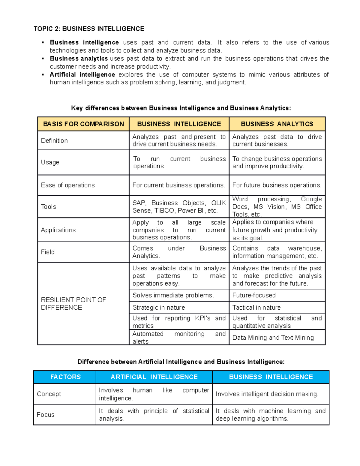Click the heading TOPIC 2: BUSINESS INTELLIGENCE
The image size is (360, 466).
pyautogui.click(x=89, y=29)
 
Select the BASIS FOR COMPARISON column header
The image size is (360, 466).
pyautogui.click(x=83, y=124)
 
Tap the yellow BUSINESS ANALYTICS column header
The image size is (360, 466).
pyautogui.click(x=277, y=124)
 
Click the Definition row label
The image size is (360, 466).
pyautogui.click(x=54, y=140)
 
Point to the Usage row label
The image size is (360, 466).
pyautogui.click(x=50, y=162)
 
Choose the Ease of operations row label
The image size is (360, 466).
pyautogui.click(x=68, y=185)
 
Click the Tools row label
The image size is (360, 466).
pyautogui.click(x=49, y=206)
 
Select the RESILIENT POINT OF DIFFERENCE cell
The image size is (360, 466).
pyautogui.click(x=73, y=303)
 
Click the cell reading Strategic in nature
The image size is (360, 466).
pyautogui.click(x=159, y=307)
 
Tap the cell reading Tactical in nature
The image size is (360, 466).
pyautogui.click(x=256, y=307)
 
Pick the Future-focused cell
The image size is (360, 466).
pyautogui.click(x=254, y=295)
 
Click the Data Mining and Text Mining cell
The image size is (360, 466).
pyautogui.click(x=273, y=338)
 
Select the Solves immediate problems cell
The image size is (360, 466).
pyautogui.click(x=173, y=295)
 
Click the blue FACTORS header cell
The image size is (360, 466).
pyautogui.click(x=65, y=377)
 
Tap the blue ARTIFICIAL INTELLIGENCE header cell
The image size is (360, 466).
pyautogui.click(x=154, y=377)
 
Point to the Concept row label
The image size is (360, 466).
pyautogui.click(x=49, y=394)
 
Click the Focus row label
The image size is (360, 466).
pyautogui.click(x=46, y=414)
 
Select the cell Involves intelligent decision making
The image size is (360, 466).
pyautogui.click(x=267, y=394)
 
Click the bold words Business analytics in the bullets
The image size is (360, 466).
pyautogui.click(x=79, y=59)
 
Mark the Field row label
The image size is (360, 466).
pyautogui.click(x=48, y=252)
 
